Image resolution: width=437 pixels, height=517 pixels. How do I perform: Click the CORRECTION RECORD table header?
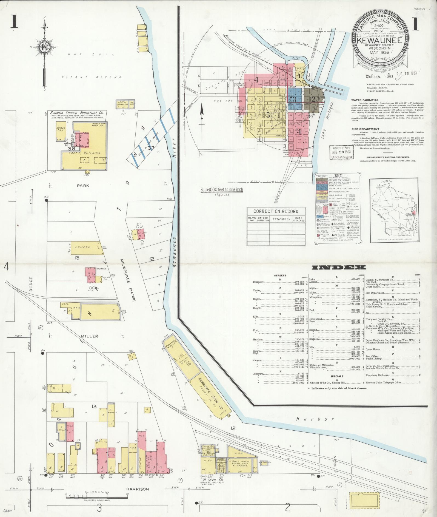point(276,211)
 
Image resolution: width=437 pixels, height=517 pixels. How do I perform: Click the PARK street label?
point(83,186)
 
